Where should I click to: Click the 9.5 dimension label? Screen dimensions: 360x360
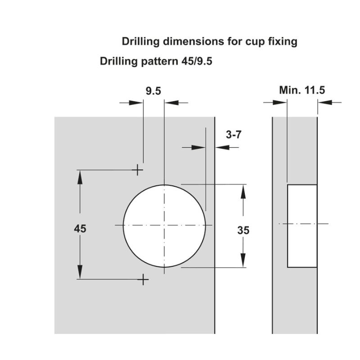(x=153, y=91)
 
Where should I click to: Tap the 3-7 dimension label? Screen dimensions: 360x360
(x=234, y=135)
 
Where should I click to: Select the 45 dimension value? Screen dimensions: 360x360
(x=80, y=229)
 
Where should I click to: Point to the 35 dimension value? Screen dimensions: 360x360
(x=243, y=230)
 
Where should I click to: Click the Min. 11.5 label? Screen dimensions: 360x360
(x=302, y=90)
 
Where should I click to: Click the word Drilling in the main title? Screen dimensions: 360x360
(x=140, y=41)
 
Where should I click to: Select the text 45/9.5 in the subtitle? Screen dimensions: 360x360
(x=197, y=61)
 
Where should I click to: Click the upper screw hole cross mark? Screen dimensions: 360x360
(x=137, y=170)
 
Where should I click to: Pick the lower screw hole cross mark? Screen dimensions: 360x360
(x=143, y=279)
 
